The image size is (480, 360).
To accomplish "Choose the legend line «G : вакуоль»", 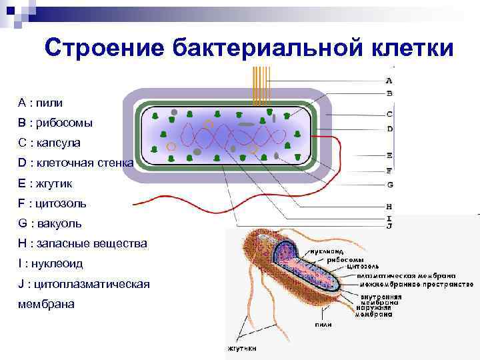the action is coord(50,223).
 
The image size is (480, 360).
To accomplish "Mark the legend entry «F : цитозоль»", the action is coord(53,203).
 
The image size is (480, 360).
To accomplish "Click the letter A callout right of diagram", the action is coord(389,80).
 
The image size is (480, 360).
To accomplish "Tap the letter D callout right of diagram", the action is coord(389,128).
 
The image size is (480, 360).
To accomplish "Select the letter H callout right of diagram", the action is coord(389,206).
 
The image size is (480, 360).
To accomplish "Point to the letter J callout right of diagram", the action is coord(389,227).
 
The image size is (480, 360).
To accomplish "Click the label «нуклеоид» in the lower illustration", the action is coord(326,251).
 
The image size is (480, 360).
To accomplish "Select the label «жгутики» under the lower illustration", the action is coord(241,349).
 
